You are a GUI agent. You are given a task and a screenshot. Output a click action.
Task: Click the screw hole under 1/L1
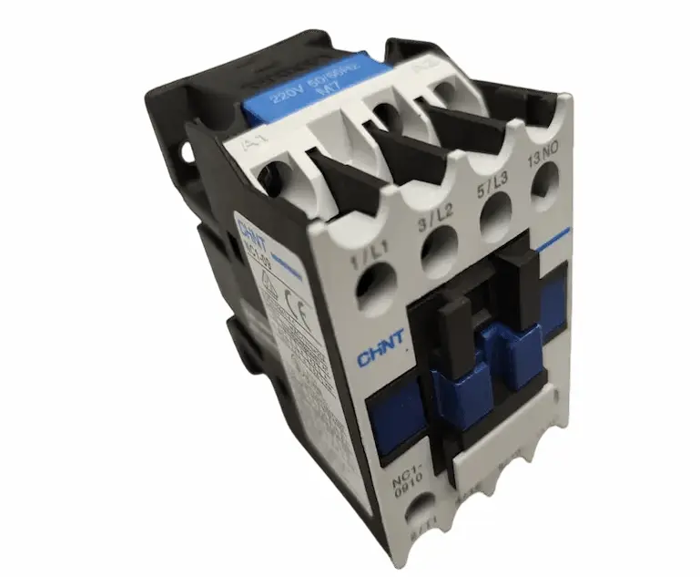376,298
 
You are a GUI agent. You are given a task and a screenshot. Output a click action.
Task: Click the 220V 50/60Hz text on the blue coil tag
297,83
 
